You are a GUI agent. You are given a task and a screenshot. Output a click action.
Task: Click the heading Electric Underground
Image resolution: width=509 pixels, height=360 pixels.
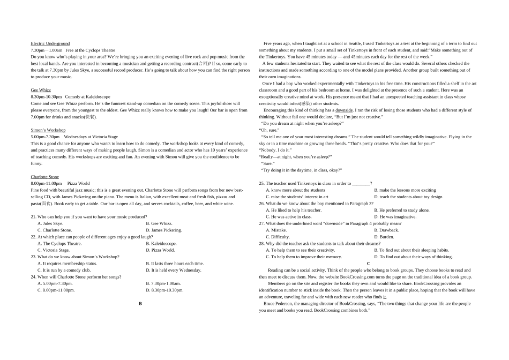coord(50,43)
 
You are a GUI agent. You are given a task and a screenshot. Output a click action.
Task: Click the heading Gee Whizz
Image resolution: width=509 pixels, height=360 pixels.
coord(41,90)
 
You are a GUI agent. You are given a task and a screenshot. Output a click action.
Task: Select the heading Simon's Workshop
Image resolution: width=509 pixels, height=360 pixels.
coord(48,130)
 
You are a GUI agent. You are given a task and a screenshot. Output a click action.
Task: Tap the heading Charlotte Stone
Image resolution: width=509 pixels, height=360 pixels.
coord(45,177)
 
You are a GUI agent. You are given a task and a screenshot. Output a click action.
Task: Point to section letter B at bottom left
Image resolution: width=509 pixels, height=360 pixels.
coord(140,303)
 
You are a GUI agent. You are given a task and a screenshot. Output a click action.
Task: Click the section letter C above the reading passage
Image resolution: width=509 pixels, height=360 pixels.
coord(369,264)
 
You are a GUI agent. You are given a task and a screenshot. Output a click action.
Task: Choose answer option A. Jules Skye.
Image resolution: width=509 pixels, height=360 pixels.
coord(50,223)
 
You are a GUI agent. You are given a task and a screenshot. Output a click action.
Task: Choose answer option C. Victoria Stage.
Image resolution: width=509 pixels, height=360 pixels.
coord(54,250)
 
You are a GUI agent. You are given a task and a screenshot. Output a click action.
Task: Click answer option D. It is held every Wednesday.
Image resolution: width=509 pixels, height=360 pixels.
coord(173,271)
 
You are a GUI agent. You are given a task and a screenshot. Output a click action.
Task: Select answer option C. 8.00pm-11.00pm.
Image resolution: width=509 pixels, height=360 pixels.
coord(56,290)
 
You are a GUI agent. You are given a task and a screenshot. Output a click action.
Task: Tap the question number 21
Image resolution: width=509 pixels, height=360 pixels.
coord(34,217)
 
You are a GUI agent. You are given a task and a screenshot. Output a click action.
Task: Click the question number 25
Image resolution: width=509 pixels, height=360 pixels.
coord(262,184)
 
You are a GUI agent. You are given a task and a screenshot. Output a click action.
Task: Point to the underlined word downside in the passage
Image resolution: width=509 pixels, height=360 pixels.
coord(344,110)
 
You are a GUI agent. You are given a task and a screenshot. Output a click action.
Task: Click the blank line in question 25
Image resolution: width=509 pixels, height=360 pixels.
coord(361,184)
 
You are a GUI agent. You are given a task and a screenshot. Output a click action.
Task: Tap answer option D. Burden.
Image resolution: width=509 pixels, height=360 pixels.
coord(384,237)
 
